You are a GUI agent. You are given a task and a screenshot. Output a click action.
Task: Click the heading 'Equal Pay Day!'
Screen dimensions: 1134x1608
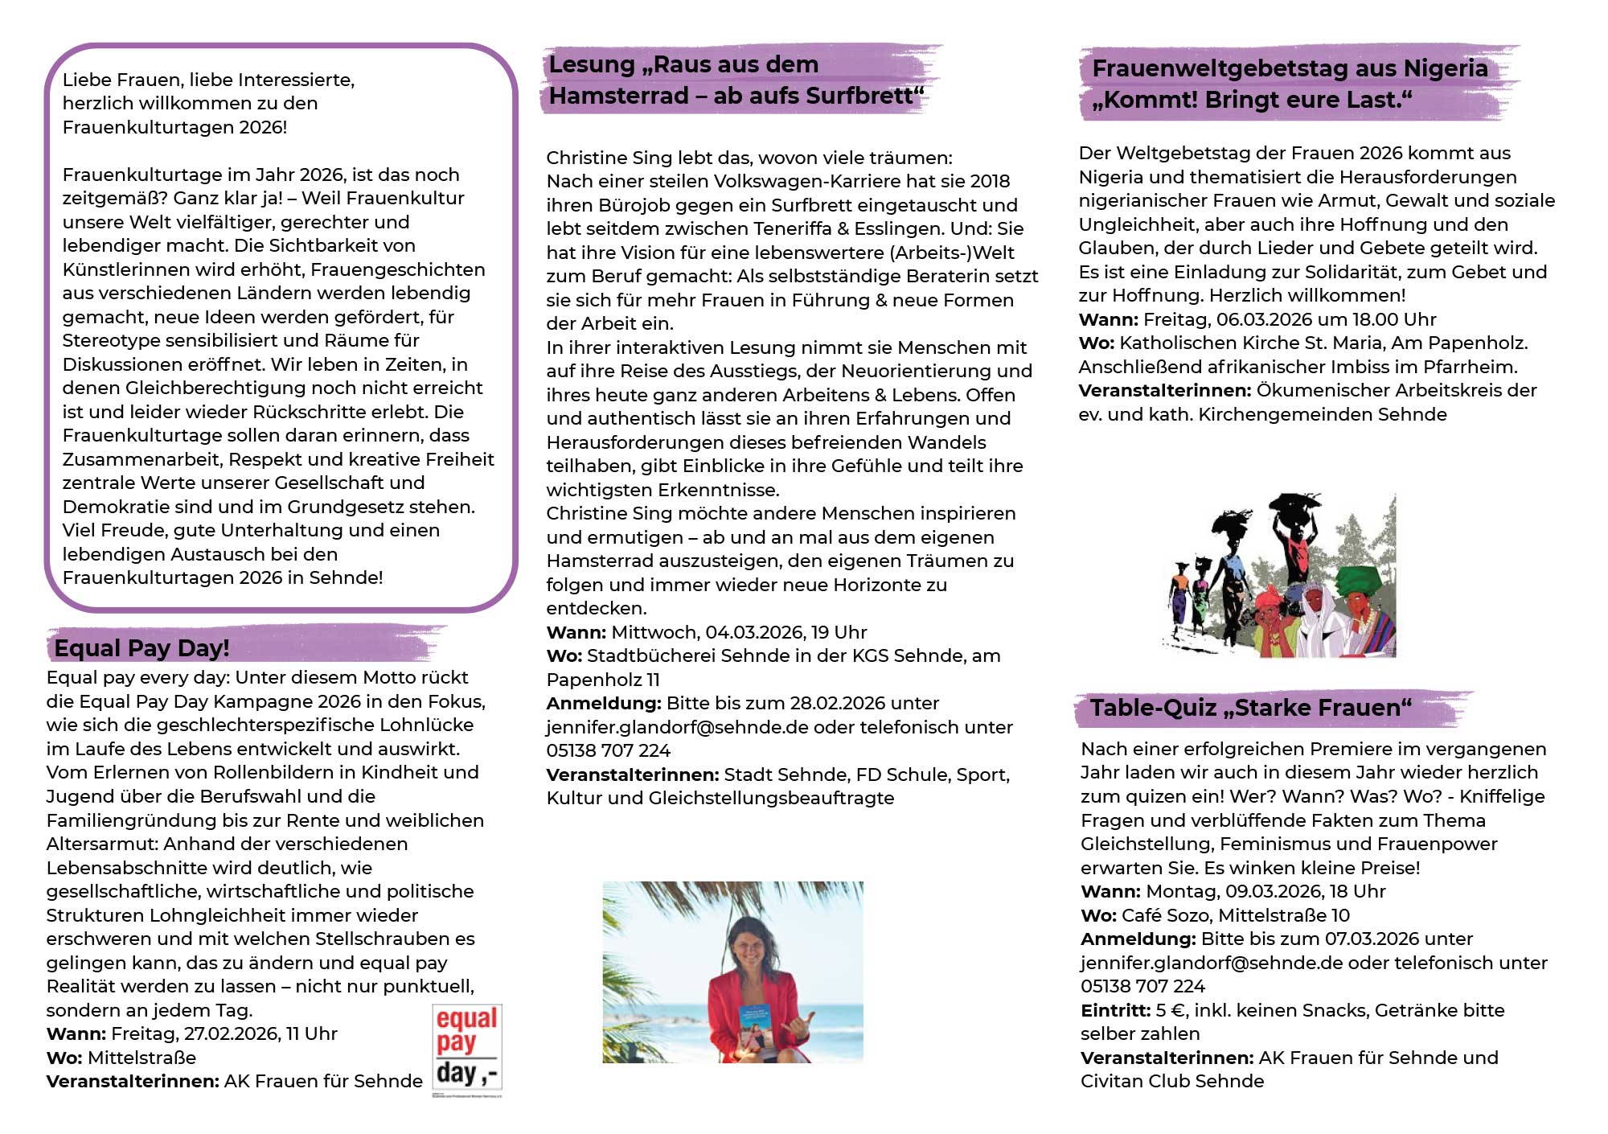click(142, 648)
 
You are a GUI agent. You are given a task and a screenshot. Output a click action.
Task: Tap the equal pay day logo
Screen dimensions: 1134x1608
click(467, 1050)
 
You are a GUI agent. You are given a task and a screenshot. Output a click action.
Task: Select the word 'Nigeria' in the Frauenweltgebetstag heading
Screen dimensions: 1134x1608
click(1445, 69)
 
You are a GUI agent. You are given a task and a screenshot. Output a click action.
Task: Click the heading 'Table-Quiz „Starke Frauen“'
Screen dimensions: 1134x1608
click(1250, 709)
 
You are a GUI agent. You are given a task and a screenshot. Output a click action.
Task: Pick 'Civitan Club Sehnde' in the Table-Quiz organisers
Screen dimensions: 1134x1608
click(1171, 1082)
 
